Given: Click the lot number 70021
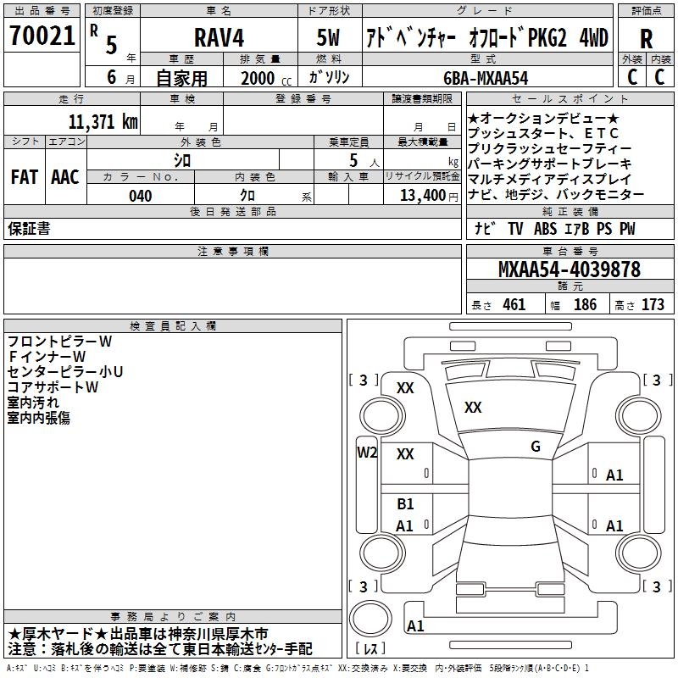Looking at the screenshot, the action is click(42, 36).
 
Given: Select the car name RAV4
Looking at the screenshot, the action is click(219, 37).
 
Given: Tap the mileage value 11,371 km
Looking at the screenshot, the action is click(103, 122).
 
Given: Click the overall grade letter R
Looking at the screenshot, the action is click(646, 39).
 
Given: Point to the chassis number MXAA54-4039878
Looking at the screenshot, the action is click(569, 269).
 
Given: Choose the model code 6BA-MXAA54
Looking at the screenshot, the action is click(486, 78).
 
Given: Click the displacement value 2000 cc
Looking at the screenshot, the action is click(266, 78).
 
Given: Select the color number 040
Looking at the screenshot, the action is click(141, 196).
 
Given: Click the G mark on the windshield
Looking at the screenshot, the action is click(536, 446).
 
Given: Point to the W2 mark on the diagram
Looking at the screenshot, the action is click(367, 453).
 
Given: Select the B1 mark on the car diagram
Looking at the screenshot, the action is click(405, 503).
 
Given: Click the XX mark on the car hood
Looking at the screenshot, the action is click(473, 407).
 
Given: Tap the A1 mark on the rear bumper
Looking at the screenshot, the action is click(415, 625).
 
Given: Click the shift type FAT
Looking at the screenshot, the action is click(25, 177).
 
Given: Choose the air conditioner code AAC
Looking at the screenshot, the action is click(65, 177).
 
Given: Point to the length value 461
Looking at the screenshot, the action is click(514, 304).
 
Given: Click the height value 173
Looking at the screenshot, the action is click(653, 304).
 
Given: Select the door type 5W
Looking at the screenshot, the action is click(328, 37).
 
